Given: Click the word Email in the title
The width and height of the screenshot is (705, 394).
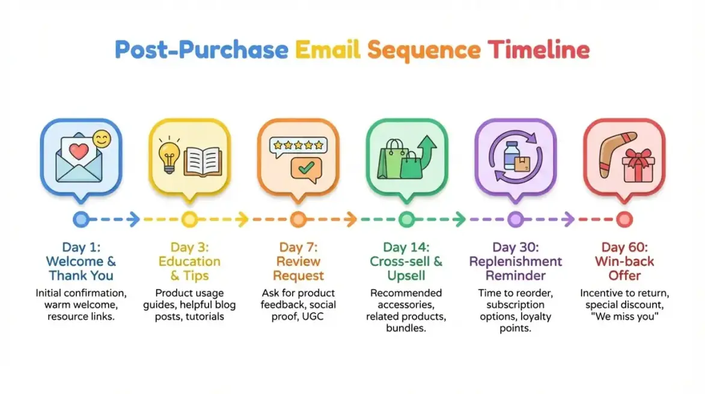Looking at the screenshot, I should [x=328, y=49].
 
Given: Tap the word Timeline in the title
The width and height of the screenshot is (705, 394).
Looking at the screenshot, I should [x=539, y=49].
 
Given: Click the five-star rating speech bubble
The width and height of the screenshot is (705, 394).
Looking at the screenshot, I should [x=298, y=145].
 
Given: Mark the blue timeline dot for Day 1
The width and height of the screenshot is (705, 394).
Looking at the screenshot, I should [x=81, y=220].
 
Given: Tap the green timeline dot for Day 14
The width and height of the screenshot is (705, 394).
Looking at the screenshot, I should [x=406, y=220].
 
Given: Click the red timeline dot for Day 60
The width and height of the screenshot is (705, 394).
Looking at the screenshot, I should [x=624, y=220].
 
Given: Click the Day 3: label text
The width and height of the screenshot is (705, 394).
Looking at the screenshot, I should [x=189, y=247].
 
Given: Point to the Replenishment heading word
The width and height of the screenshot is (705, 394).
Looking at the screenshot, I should [x=515, y=262].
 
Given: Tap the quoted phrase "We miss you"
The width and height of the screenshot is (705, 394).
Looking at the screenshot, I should [x=624, y=316].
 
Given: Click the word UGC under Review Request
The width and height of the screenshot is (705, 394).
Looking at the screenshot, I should [x=312, y=316].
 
